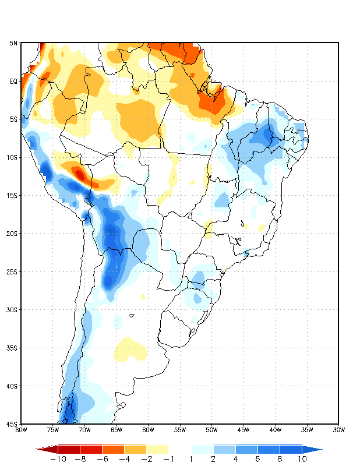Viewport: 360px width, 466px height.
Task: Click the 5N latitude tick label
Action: click(x=13, y=43)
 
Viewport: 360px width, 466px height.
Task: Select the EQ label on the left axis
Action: click(x=14, y=82)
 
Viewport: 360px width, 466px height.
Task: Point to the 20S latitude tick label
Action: click(x=12, y=234)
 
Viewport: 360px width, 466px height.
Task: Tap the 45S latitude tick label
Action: click(x=12, y=423)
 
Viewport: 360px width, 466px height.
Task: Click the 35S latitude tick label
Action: click(x=12, y=348)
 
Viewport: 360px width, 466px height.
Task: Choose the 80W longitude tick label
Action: click(x=21, y=430)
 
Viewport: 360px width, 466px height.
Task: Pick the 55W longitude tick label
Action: click(x=180, y=430)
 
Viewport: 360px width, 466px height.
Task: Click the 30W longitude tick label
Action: click(x=339, y=430)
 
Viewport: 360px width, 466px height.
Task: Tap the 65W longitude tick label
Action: click(x=117, y=430)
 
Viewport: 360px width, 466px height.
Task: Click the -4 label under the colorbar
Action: click(x=123, y=459)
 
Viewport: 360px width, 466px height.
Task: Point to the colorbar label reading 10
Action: click(x=302, y=459)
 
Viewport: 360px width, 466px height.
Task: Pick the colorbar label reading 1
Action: click(x=191, y=459)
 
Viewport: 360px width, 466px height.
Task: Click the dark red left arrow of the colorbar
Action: click(x=47, y=450)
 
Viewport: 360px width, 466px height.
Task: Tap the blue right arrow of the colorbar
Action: click(x=312, y=450)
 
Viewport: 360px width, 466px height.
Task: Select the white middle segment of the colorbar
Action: click(x=180, y=450)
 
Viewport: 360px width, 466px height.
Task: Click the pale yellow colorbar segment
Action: click(x=157, y=450)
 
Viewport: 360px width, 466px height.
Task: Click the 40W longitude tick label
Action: click(x=276, y=430)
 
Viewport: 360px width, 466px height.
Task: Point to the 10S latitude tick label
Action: click(x=12, y=157)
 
